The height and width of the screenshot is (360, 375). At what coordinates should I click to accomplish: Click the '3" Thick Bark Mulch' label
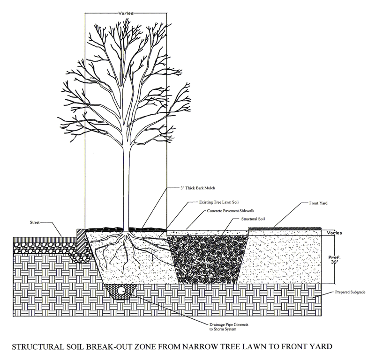click(x=197, y=188)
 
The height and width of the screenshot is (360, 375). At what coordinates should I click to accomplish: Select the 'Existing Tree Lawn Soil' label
click(x=219, y=202)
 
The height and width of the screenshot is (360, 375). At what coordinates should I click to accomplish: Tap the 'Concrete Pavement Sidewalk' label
click(x=231, y=211)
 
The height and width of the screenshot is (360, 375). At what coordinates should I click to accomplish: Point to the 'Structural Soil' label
click(x=253, y=219)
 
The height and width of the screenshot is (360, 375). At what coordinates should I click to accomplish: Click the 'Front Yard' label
click(x=318, y=203)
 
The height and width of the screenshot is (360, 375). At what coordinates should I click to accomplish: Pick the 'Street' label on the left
click(x=34, y=222)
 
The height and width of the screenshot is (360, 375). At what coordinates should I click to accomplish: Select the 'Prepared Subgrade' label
click(x=350, y=292)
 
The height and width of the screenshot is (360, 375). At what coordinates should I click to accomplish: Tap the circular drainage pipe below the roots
click(x=121, y=290)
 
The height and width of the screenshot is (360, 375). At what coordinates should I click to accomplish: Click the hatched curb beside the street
click(x=81, y=241)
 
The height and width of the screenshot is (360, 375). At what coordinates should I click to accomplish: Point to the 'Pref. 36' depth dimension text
click(x=334, y=259)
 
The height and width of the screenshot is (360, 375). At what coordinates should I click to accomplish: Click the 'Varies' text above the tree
click(x=126, y=14)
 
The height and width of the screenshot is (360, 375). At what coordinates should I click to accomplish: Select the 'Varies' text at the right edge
click(x=334, y=233)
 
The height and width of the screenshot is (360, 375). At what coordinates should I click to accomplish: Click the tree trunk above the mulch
click(x=126, y=186)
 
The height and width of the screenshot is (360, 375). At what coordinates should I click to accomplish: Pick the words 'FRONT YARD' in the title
click(x=307, y=346)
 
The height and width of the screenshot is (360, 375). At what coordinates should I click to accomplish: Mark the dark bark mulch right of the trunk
click(x=148, y=229)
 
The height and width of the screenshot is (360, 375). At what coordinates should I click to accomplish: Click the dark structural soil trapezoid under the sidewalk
click(x=208, y=259)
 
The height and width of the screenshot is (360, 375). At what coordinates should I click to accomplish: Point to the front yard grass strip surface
click(x=285, y=228)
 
